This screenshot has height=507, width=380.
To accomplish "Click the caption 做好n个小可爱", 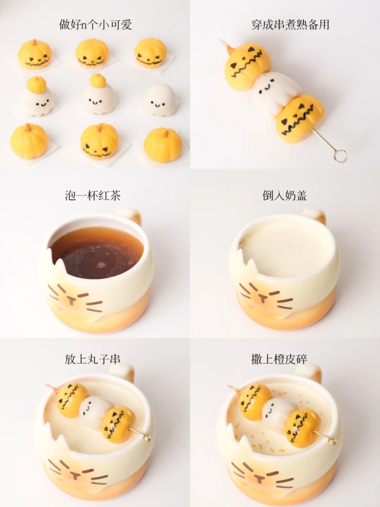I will pos(95,25).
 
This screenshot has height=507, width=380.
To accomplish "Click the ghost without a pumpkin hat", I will pos(160,100).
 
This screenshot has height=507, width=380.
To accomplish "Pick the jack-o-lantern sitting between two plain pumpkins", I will pos(99,142).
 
